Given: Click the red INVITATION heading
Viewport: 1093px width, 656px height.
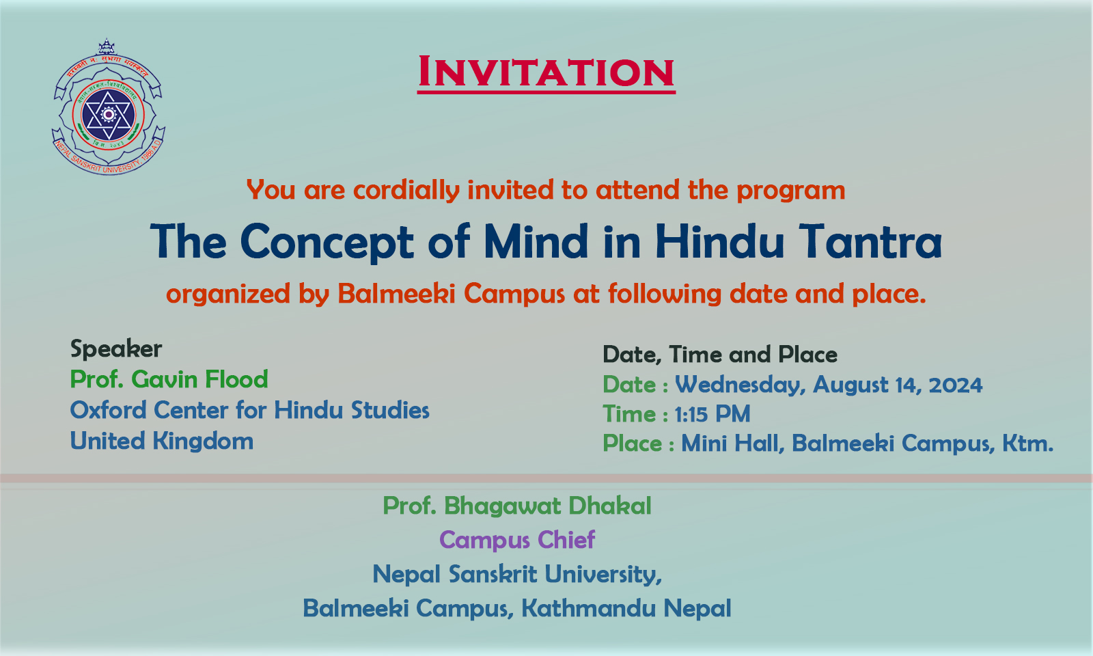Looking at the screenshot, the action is (x=546, y=72).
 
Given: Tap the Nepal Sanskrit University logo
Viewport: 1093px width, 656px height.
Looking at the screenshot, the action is (x=109, y=107).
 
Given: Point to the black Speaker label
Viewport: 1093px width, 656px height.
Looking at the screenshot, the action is (x=116, y=349).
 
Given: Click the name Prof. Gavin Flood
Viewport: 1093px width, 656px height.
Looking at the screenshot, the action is (x=169, y=379).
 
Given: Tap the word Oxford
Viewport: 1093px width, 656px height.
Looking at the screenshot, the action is (x=109, y=410).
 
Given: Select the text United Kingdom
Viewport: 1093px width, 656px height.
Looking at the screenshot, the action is (x=161, y=441).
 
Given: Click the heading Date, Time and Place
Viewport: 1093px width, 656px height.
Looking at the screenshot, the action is (x=720, y=355).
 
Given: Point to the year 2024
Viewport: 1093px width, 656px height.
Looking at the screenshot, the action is (x=956, y=385).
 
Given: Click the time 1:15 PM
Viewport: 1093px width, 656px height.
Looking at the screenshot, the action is (x=712, y=414).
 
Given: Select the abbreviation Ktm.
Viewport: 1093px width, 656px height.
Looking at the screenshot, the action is (x=1028, y=443).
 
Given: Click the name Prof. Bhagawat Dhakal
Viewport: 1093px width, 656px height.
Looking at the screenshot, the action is (x=516, y=506).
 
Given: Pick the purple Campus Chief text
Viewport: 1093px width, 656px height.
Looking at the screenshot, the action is (x=516, y=541).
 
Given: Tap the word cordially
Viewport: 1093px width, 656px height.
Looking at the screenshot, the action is (x=406, y=190).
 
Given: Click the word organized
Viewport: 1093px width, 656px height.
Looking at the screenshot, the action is (x=228, y=295).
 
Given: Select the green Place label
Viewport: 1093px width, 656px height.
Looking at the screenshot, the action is (x=633, y=443).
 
